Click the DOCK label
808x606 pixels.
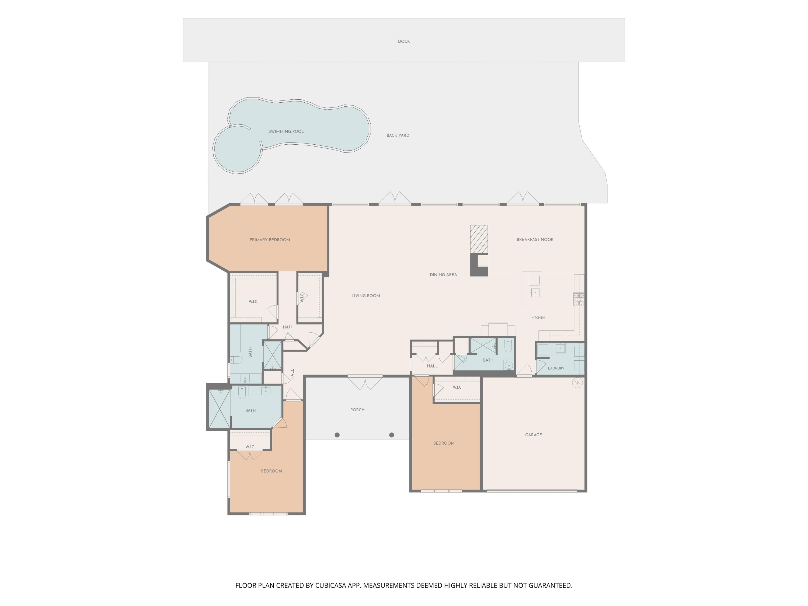click(x=404, y=41)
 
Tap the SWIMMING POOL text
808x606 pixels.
click(x=286, y=131)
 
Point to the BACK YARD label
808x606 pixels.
click(x=398, y=135)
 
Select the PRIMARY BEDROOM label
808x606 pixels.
click(x=270, y=240)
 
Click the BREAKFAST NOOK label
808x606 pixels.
click(x=535, y=240)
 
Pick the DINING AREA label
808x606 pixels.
click(x=443, y=275)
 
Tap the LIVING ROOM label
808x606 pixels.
click(x=366, y=295)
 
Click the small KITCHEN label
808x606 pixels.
click(x=538, y=318)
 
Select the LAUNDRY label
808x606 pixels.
click(x=556, y=368)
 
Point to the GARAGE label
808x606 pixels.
click(x=533, y=435)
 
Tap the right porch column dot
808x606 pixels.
click(x=392, y=435)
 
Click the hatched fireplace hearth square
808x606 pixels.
click(x=479, y=239)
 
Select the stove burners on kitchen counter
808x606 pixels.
click(x=579, y=299)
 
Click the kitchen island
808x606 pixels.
click(x=531, y=291)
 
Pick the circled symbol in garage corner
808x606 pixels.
click(x=577, y=383)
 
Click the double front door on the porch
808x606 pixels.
click(x=365, y=382)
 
